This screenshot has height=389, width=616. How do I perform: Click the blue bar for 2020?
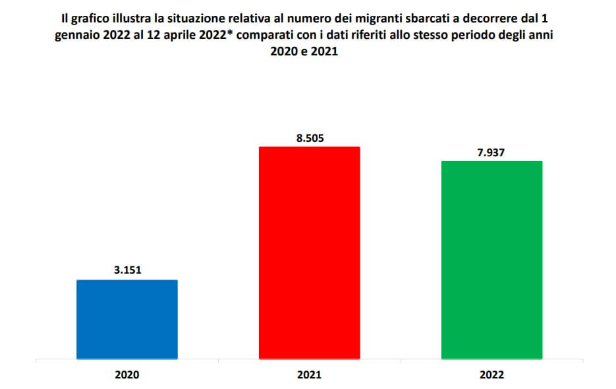click(x=127, y=320)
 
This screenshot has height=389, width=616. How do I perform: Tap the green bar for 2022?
click(x=491, y=260)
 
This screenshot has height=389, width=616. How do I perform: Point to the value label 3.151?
click(x=127, y=270)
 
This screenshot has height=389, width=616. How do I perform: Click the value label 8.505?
click(x=309, y=138)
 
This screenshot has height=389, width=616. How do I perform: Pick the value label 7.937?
click(x=491, y=152)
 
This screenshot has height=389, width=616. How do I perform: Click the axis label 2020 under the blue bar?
click(x=127, y=374)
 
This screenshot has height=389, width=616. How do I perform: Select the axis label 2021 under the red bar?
click(x=309, y=374)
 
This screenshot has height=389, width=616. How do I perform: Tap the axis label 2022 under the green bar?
click(x=491, y=374)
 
